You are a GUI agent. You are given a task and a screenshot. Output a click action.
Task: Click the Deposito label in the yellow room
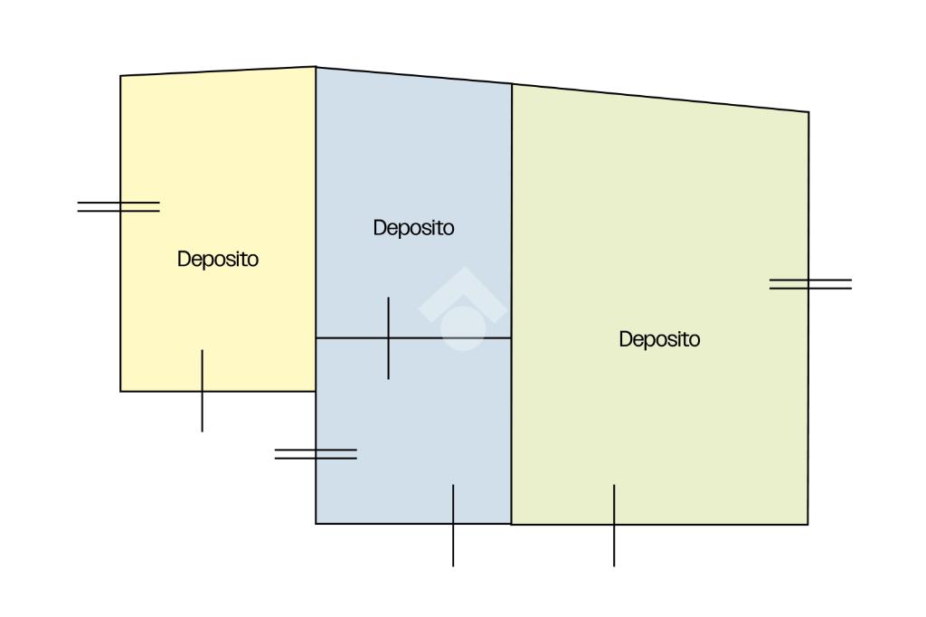tap(218, 259)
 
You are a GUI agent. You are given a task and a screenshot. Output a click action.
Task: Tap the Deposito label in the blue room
tap(413, 228)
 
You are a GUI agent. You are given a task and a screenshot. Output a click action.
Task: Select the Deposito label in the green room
tap(659, 339)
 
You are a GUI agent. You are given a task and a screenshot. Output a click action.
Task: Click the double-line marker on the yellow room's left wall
tap(118, 207)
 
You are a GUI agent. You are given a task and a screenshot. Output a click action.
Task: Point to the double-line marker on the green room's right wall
tap(810, 284)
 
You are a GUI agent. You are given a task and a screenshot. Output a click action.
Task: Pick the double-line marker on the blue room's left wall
tap(316, 453)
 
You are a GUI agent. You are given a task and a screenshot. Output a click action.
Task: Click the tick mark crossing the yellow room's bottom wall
tap(202, 391)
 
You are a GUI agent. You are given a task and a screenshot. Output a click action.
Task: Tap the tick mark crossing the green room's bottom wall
tap(614, 525)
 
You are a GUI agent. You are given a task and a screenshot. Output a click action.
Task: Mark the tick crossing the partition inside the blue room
tap(389, 337)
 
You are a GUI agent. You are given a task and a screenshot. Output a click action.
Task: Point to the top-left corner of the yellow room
tap(120, 76)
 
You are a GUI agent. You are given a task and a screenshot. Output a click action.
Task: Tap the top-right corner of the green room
tap(808, 112)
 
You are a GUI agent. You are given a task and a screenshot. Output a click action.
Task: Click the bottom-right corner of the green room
tap(808, 525)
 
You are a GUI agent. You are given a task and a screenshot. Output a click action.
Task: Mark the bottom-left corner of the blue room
tap(316, 524)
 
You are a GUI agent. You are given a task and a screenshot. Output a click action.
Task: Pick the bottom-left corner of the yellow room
tap(120, 391)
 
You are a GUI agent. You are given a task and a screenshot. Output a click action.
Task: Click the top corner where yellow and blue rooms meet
tap(316, 67)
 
